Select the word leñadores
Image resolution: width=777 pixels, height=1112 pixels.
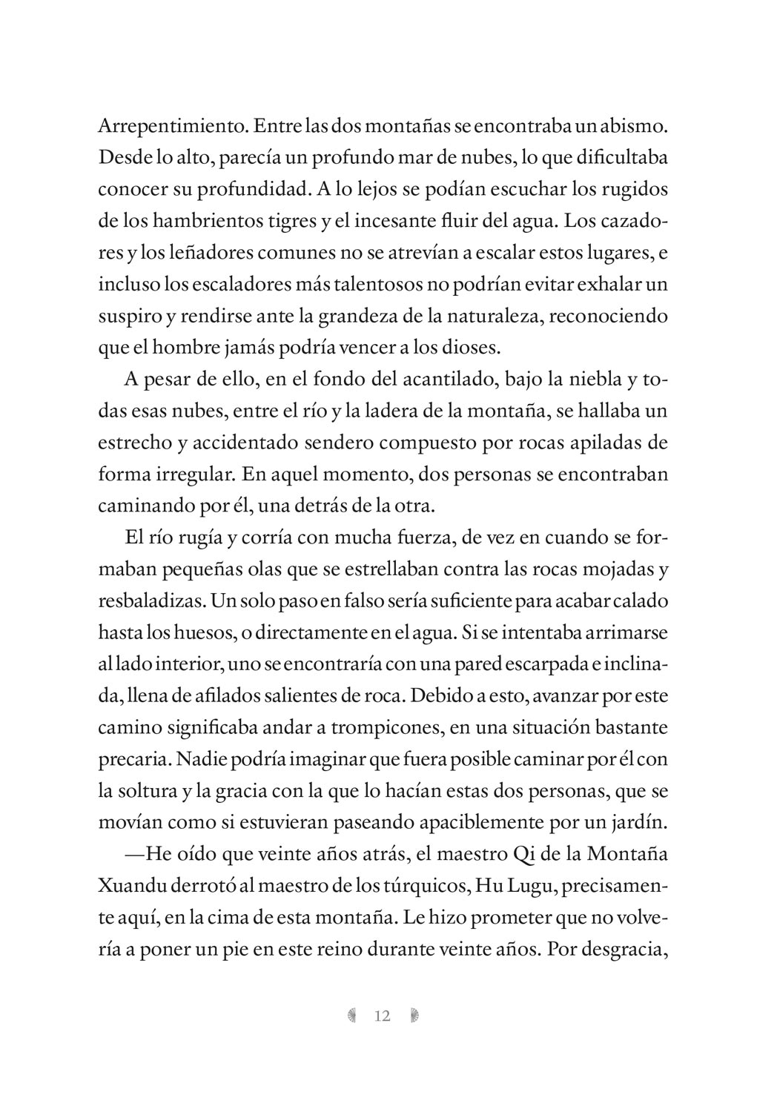click(x=197, y=253)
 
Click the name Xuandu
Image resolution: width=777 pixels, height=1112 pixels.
click(x=131, y=887)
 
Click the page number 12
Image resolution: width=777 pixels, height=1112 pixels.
click(x=383, y=1016)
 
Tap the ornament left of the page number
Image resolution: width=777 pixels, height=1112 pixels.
click(x=352, y=1016)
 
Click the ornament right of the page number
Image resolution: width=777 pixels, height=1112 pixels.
click(x=414, y=1016)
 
